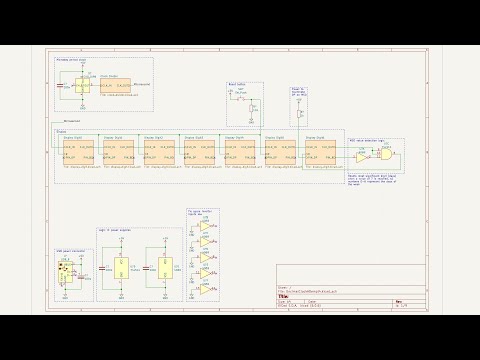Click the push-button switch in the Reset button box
(240, 100)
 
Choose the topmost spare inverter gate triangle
(205, 226)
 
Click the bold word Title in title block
(284, 295)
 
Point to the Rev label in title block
(399, 301)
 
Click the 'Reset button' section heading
(238, 86)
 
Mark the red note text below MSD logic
(373, 177)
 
